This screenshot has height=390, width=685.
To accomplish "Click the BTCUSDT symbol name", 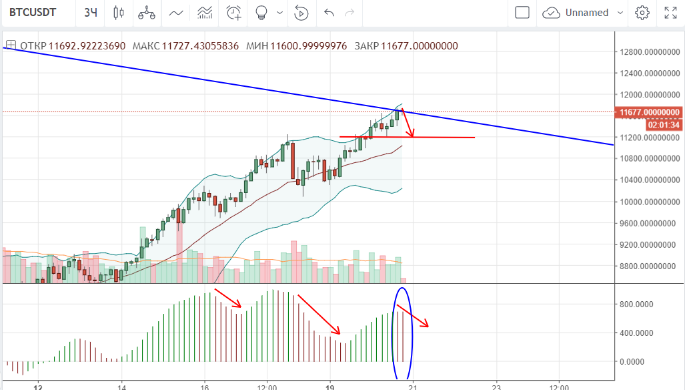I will tap(33, 13).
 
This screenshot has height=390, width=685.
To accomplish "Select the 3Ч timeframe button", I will tap(91, 13).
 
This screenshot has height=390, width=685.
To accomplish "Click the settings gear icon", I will tap(642, 13).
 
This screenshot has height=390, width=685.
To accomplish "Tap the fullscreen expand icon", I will tap(670, 13).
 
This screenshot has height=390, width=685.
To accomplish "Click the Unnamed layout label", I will tap(587, 13).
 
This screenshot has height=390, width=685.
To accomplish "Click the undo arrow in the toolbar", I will tap(328, 13).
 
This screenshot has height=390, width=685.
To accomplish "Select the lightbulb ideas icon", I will tap(262, 13).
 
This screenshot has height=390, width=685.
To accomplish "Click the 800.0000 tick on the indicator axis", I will tap(636, 304).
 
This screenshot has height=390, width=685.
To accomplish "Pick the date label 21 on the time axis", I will tap(413, 386).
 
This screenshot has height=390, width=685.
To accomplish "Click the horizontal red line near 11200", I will tap(440, 138).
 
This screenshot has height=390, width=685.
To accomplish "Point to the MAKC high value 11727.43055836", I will tap(199, 46).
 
